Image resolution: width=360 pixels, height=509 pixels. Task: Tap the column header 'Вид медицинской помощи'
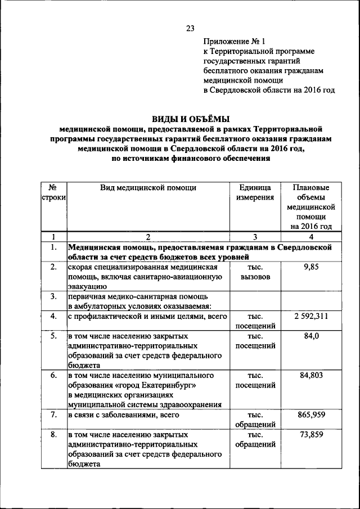click(148, 188)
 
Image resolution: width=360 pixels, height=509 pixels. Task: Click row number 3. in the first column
click(53, 296)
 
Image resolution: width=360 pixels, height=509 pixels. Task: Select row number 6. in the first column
click(53, 375)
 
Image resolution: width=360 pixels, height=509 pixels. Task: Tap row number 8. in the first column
click(53, 435)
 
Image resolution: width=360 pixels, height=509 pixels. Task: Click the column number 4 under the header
click(311, 237)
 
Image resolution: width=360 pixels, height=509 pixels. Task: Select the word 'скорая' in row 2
click(80, 267)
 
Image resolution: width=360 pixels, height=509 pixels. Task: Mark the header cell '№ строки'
click(53, 193)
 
